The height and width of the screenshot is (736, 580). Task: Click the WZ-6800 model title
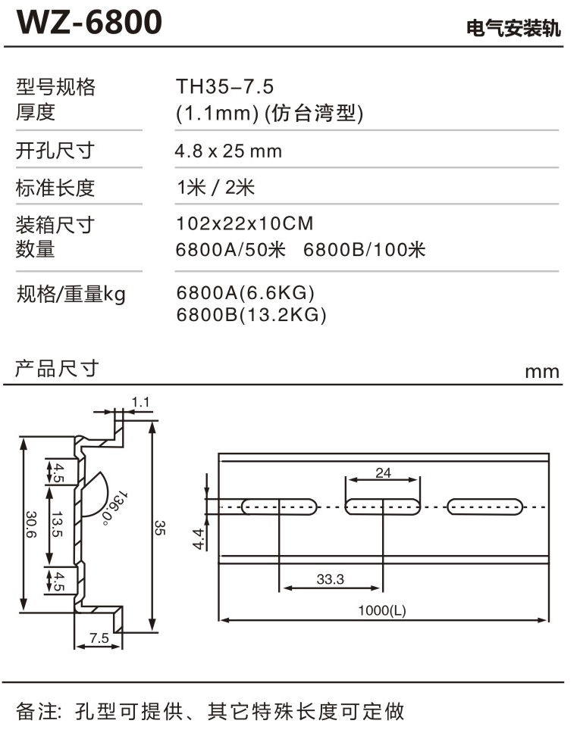click(x=89, y=22)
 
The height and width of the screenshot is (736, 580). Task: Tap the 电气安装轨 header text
click(x=513, y=28)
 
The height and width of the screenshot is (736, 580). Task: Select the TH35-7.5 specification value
click(x=224, y=86)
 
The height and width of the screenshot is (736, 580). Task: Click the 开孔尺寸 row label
click(x=55, y=151)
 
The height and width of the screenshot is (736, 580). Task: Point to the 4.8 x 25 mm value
click(x=228, y=151)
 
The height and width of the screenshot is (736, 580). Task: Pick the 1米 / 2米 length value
click(x=216, y=187)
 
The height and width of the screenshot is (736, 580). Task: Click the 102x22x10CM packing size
click(x=244, y=223)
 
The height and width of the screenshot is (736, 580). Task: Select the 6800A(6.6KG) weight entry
click(x=246, y=293)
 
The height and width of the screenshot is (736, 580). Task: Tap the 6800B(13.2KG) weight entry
click(x=251, y=314)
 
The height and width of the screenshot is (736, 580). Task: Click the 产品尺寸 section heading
click(x=57, y=369)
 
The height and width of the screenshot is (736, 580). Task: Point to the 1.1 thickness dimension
click(x=140, y=402)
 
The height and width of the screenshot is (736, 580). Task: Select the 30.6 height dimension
click(x=30, y=525)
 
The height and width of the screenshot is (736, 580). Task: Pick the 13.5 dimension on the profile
click(x=57, y=524)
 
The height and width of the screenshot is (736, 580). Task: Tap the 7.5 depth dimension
click(x=99, y=638)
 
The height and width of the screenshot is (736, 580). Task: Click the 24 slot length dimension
click(x=383, y=472)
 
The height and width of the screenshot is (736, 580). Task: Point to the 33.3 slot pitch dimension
click(x=330, y=579)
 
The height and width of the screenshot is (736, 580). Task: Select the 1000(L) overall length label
click(x=381, y=610)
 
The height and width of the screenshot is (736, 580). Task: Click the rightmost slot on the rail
click(x=484, y=507)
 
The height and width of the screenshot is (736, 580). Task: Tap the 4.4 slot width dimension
click(x=199, y=539)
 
